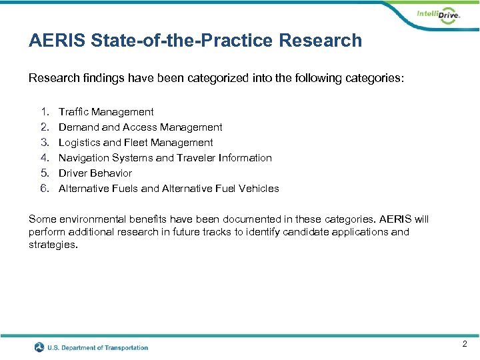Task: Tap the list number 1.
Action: coord(45,112)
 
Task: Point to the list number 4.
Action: coord(45,158)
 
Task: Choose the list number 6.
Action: coord(45,189)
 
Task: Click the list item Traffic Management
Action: coord(106,112)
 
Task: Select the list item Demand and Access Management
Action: coord(141,127)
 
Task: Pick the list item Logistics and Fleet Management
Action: coord(136,143)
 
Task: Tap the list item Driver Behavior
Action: coord(95,173)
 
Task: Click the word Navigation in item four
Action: coord(84,158)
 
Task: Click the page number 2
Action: coord(465,344)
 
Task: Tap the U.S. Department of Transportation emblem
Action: coord(39,347)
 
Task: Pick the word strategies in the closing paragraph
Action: coord(53,245)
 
